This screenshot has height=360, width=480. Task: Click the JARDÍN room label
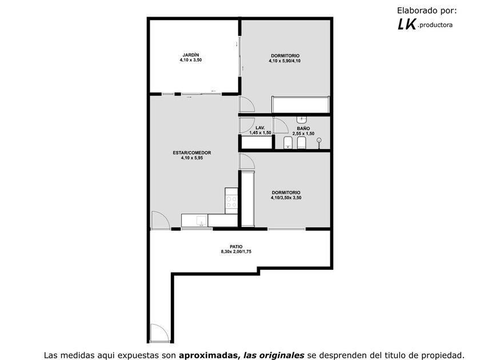coord(191,55)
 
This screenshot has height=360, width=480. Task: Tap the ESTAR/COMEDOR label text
coord(192,153)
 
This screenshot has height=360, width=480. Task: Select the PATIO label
coord(236,246)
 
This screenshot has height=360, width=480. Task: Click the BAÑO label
coord(303,128)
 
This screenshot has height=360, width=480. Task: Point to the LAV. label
coord(260,127)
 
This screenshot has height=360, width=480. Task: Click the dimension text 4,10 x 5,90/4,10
coord(285,61)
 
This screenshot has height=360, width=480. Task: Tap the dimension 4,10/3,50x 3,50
coord(286,198)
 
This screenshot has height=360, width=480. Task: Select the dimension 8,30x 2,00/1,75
coord(236,251)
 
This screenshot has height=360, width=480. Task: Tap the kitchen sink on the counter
coord(201,221)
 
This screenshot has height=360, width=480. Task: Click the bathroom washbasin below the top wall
coord(302,119)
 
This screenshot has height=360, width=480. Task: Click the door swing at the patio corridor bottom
coord(159,333)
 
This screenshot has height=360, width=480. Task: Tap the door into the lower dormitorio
coord(247,161)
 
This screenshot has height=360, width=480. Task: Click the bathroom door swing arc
coord(281,126)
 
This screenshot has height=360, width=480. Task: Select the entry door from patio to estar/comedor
coord(161,220)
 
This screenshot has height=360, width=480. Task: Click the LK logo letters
coord(407,24)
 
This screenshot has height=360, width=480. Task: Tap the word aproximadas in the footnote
coord(209,355)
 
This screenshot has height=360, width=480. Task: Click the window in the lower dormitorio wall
coord(286,229)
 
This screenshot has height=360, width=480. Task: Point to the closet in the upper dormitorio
coord(301,105)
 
